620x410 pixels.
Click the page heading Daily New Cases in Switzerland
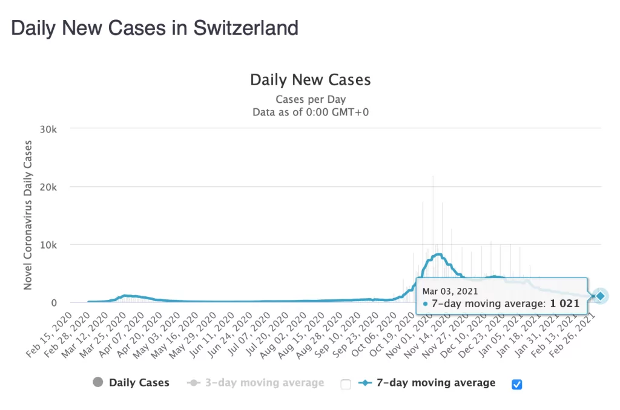[155, 28]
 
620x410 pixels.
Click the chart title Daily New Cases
[310, 80]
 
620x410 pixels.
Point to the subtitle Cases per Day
[311, 99]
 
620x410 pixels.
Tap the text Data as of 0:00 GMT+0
[310, 111]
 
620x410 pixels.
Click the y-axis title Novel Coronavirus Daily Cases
[28, 215]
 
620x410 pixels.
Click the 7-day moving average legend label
[436, 383]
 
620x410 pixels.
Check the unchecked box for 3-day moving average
[346, 384]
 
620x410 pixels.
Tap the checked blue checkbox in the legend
[516, 384]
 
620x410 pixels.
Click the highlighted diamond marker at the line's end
[600, 296]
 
